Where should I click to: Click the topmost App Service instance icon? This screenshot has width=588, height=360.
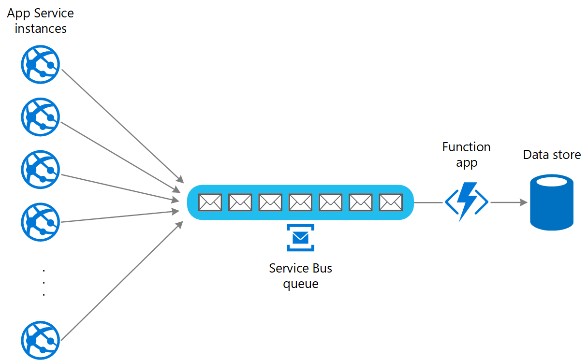[40, 64]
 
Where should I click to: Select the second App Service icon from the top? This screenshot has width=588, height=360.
[40, 117]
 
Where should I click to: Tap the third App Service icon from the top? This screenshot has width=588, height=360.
[40, 170]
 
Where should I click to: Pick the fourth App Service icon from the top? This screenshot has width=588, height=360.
[40, 222]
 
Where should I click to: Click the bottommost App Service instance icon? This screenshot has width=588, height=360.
[40, 340]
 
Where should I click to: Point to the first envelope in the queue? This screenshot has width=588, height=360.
[210, 202]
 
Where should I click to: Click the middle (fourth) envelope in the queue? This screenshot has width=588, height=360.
[300, 202]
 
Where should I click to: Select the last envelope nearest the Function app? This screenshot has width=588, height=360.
[391, 202]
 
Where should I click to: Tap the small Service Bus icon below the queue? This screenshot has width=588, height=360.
[300, 237]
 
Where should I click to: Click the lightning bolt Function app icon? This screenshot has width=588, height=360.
[467, 202]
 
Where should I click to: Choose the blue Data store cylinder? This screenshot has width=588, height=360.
[552, 202]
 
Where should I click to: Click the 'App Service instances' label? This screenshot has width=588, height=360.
[40, 21]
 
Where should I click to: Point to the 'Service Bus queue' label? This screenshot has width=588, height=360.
[300, 275]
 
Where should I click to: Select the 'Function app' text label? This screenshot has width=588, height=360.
[466, 155]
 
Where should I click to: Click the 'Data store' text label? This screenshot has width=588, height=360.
[552, 155]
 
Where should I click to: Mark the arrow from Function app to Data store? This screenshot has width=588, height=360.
[509, 202]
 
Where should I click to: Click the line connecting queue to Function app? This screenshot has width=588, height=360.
[429, 202]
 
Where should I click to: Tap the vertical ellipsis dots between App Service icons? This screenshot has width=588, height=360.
[44, 282]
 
